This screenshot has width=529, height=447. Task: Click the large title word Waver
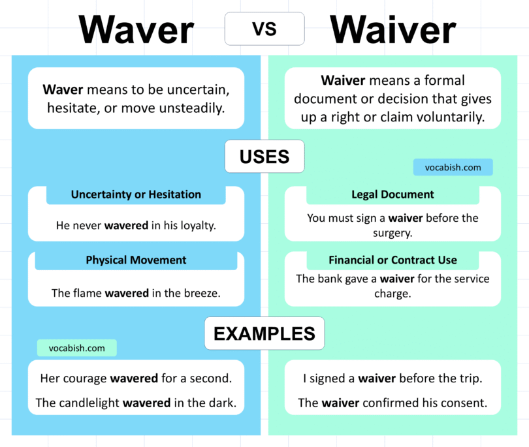[136, 30]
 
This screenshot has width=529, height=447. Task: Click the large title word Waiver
[393, 30]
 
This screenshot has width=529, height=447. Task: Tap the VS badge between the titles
[264, 29]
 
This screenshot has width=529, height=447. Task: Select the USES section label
[264, 157]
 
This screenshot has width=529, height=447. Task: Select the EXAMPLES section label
[264, 333]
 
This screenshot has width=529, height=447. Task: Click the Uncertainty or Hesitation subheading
[136, 194]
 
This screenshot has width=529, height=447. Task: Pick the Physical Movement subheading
[136, 260]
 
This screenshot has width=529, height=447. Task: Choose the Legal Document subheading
[393, 194]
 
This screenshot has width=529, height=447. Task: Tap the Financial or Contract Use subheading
[393, 260]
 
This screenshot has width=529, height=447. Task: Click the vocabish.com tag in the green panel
[453, 167]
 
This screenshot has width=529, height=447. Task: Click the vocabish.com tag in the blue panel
[76, 348]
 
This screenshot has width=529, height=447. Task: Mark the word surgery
[393, 232]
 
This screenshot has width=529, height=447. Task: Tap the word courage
[85, 378]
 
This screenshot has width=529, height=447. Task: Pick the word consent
[466, 403]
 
